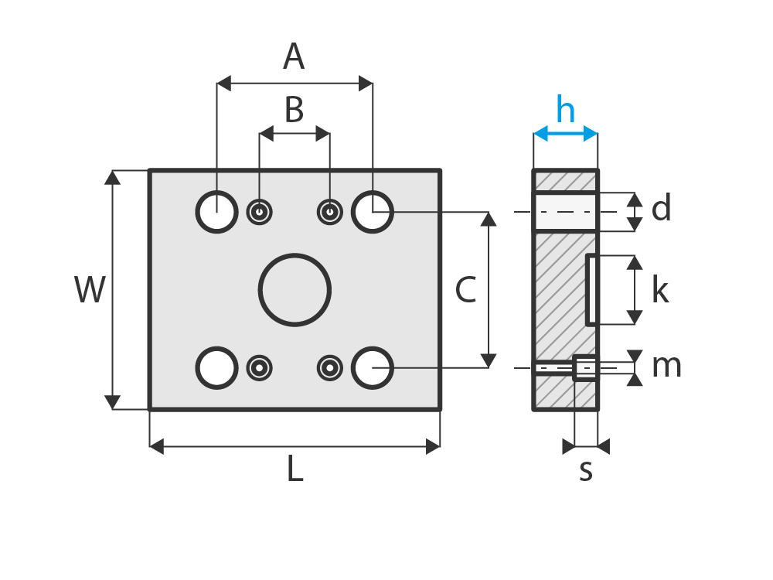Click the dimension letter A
tap(294, 56)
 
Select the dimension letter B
tap(295, 110)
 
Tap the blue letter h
tap(566, 109)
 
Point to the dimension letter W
tap(90, 289)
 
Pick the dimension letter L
tap(295, 469)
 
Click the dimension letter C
tap(466, 289)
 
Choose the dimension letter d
tap(661, 207)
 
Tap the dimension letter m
tap(667, 366)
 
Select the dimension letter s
tap(586, 470)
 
